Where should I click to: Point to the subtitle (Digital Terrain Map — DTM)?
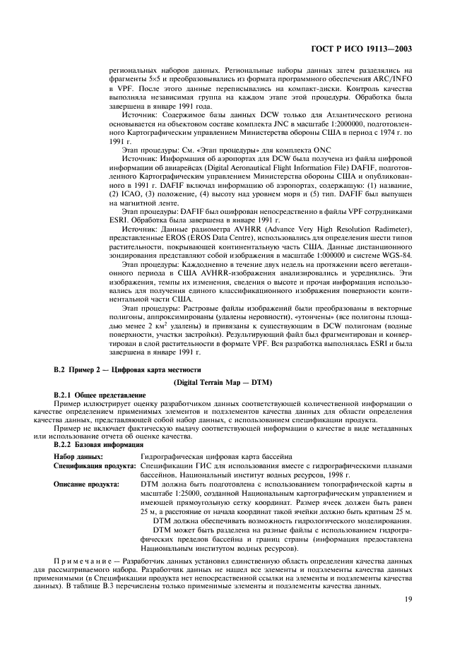pyautogui.click(x=233, y=382)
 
